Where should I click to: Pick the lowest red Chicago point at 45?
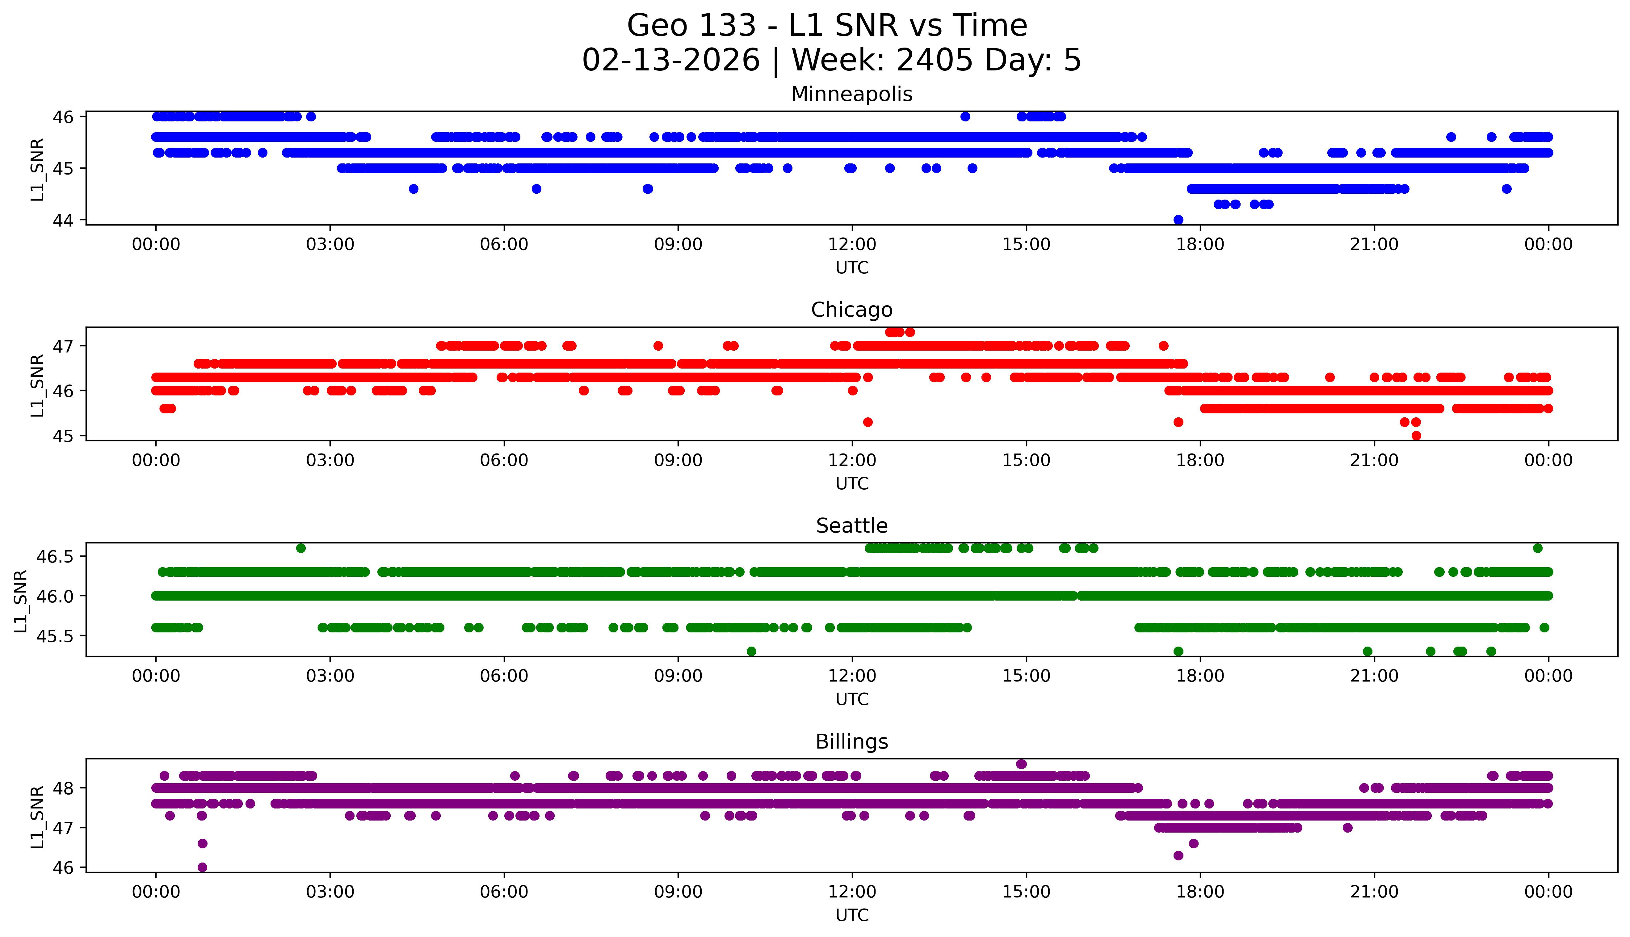1416,436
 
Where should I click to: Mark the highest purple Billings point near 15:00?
1021,764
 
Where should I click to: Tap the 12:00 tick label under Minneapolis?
852,245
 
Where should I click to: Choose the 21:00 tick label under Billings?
1374,892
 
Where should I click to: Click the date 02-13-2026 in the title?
670,61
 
